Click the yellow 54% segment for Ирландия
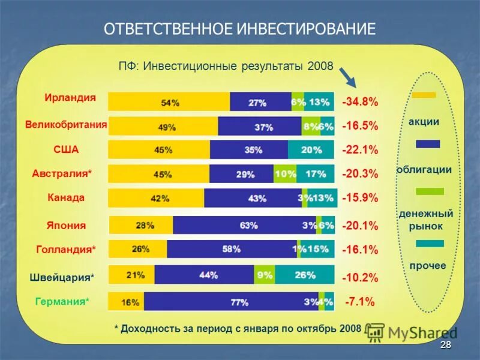(169, 102)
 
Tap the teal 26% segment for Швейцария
(304, 275)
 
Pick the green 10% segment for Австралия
(285, 174)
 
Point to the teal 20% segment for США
(311, 150)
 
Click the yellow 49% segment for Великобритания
(163, 127)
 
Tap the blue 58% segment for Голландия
(232, 249)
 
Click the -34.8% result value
(360, 102)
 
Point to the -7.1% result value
(360, 302)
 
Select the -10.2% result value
(360, 278)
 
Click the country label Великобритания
(66, 125)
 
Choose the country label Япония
(66, 226)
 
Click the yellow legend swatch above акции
(424, 94)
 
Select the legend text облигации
(424, 170)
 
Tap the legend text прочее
(428, 265)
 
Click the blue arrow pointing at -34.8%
(347, 77)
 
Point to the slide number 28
(445, 344)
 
